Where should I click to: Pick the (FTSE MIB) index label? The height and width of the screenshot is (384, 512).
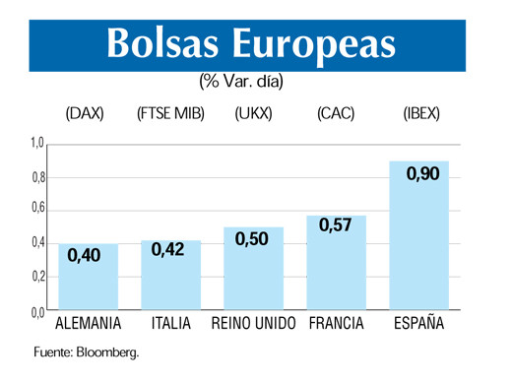tap(170, 114)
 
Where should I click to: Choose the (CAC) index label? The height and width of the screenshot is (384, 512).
tap(336, 114)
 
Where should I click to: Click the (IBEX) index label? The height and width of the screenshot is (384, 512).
tap(421, 114)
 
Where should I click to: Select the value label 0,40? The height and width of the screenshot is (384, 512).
tap(86, 257)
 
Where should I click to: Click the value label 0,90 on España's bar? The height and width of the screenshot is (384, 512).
tap(422, 174)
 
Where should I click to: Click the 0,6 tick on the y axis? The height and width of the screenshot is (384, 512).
tap(36, 210)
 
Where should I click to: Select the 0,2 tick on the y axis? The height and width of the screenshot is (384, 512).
tap(36, 277)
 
